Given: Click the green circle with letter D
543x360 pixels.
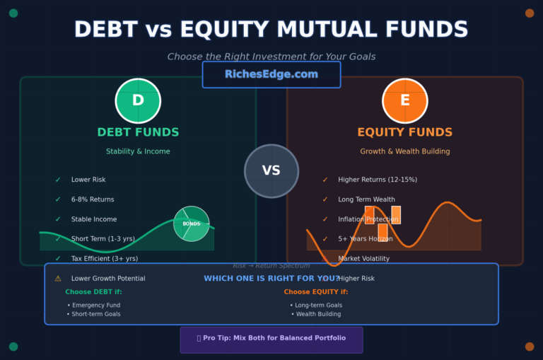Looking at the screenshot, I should pos(138,100).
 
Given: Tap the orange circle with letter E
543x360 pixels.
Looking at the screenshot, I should pos(404,100).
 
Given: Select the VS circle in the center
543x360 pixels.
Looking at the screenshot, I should pos(271,170).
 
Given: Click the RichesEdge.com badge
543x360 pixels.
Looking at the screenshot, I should pos(271,74).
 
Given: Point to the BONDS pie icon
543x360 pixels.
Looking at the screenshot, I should pos(192,223).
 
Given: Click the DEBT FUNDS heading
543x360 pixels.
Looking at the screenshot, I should pos(138,132).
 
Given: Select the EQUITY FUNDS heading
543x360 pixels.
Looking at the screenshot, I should pos(404,132).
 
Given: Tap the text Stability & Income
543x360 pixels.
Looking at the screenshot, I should pos(138,151).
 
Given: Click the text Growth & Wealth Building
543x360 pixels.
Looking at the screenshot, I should pos(404,151).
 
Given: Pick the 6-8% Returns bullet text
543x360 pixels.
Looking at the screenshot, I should pos(93,199).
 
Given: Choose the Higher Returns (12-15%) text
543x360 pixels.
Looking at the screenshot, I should pos(378,180).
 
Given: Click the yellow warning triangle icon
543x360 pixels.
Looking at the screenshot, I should pos(58,279).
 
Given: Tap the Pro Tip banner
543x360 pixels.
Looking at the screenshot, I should pos(271,339).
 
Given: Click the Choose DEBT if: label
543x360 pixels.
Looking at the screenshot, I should pos(93,291).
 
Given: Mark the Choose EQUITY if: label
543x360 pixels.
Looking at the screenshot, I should pos(316,291).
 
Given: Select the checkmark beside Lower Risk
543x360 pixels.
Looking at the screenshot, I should pos(58,180).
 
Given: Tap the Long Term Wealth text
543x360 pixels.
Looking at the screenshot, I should pos(366,199).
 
